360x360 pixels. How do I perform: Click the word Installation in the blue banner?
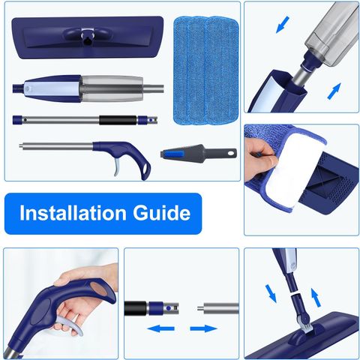point(73,213)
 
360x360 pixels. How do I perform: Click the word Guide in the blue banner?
point(161,213)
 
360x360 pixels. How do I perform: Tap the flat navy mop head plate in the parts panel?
point(88,37)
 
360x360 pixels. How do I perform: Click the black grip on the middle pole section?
point(118,120)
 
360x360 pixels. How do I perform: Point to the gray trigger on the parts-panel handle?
point(118,166)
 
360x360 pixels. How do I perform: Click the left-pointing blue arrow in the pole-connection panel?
point(160,328)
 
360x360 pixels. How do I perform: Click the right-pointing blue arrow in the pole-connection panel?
point(204,328)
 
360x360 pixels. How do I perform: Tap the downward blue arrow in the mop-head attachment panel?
point(271,293)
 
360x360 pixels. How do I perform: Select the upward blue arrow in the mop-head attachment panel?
point(316,298)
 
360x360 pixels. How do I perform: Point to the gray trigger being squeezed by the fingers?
point(71,325)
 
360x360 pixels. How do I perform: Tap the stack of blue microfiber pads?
point(206,70)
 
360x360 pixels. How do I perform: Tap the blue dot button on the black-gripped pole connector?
point(169,308)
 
